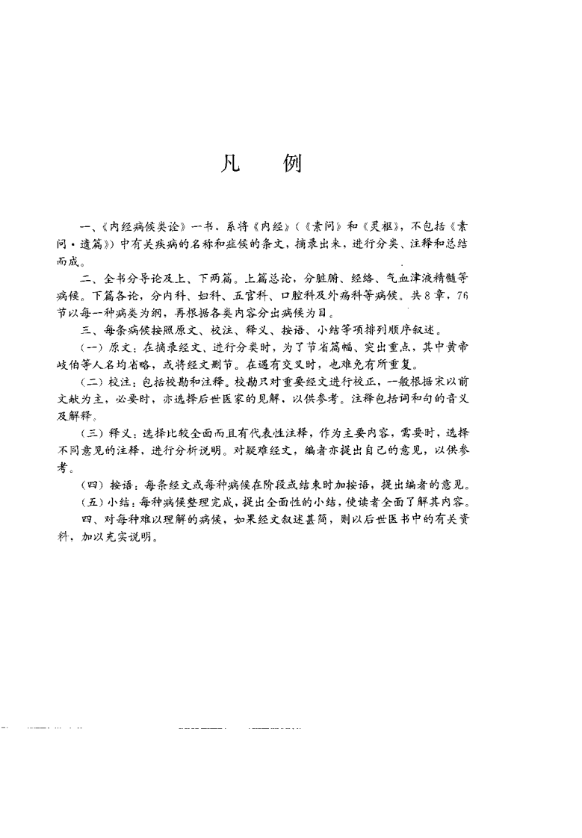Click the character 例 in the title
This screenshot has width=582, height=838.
[x=293, y=164]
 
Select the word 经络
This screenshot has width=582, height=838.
[x=389, y=279]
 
